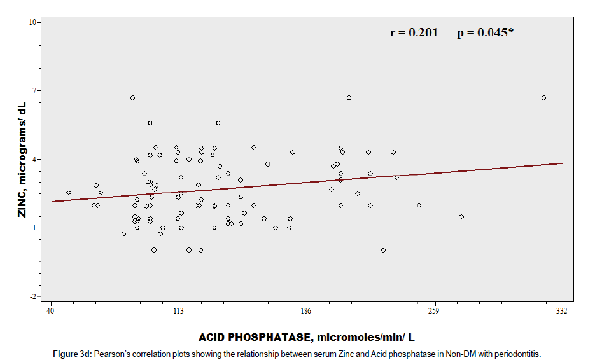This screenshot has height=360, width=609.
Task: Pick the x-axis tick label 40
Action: click(x=50, y=310)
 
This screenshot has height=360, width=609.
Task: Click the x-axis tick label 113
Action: click(x=178, y=310)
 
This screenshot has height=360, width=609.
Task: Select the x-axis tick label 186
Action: click(x=307, y=310)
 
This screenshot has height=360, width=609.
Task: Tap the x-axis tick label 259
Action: click(x=435, y=310)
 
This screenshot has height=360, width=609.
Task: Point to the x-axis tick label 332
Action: click(x=562, y=310)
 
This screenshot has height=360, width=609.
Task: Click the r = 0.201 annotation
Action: click(x=414, y=32)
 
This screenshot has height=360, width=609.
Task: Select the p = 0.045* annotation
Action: click(x=485, y=32)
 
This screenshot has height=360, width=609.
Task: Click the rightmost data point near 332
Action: click(x=543, y=97)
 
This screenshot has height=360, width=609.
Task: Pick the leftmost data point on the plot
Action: click(x=69, y=193)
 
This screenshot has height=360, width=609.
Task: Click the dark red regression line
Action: click(x=305, y=183)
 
